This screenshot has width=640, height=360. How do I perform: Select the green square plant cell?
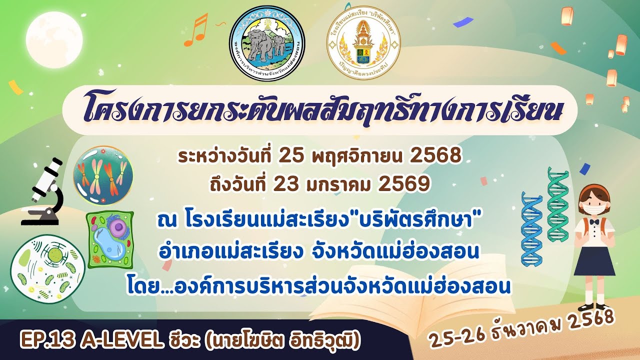[110, 239]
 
